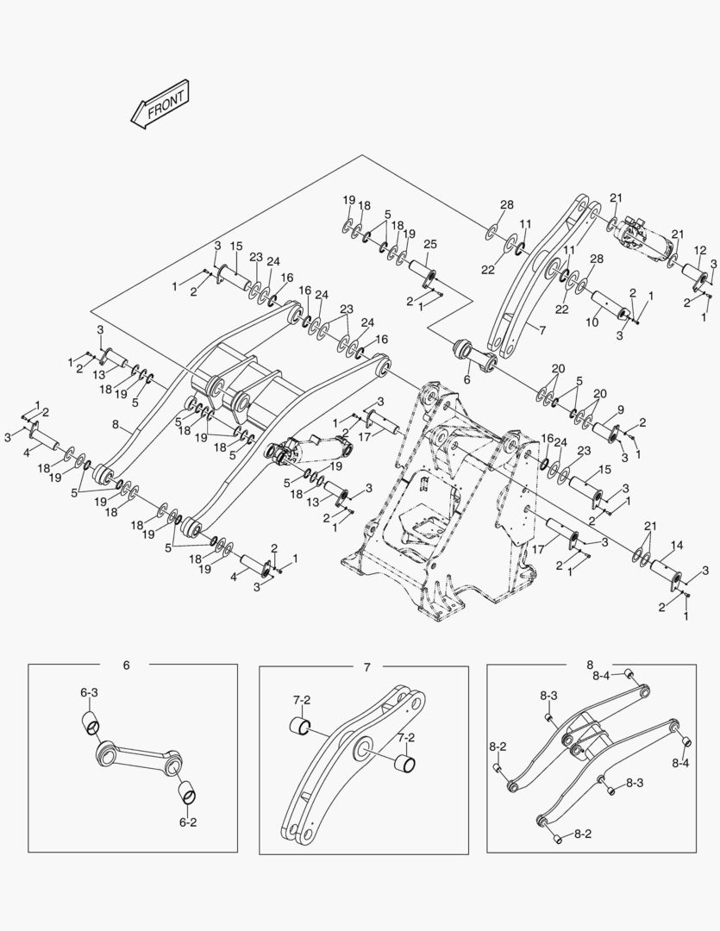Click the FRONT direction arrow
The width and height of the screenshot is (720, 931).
(x=161, y=106)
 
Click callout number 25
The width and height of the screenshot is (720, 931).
(x=429, y=245)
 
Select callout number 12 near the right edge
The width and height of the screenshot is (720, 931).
(x=701, y=250)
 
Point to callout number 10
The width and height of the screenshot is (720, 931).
(x=591, y=322)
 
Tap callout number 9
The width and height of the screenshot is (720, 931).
(x=619, y=409)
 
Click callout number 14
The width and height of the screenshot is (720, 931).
(x=677, y=545)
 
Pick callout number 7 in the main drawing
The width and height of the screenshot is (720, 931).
(x=542, y=328)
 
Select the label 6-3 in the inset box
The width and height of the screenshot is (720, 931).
(x=90, y=692)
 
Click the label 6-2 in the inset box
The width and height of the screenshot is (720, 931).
(x=187, y=822)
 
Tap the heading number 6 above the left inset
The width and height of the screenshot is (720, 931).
(x=126, y=665)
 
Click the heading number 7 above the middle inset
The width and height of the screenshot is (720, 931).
(x=366, y=667)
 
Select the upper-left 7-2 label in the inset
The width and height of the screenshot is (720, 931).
(x=301, y=699)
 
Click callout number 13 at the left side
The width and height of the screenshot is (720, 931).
(x=99, y=376)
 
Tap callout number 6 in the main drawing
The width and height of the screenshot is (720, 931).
(x=466, y=378)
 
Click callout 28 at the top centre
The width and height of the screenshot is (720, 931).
(x=506, y=204)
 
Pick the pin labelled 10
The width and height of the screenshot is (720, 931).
(x=608, y=309)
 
